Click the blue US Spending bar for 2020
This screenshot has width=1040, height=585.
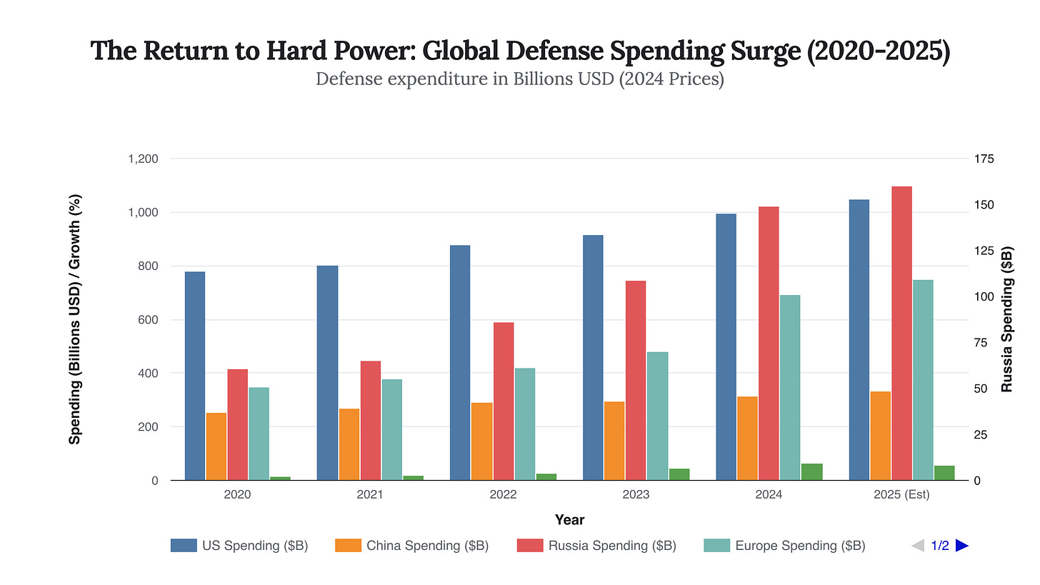pyautogui.click(x=195, y=376)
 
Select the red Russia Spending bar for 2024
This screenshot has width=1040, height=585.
pyautogui.click(x=769, y=343)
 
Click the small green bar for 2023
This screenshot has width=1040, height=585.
pyautogui.click(x=679, y=474)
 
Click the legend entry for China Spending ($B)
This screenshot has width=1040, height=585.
pyautogui.click(x=427, y=546)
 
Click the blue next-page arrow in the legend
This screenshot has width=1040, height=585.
pyautogui.click(x=961, y=546)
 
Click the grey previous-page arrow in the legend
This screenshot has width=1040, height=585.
pyautogui.click(x=918, y=546)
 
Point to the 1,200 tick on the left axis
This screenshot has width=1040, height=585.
pyautogui.click(x=143, y=159)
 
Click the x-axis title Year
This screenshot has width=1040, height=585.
pyautogui.click(x=570, y=520)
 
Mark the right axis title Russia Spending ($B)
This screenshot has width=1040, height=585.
pyautogui.click(x=1007, y=319)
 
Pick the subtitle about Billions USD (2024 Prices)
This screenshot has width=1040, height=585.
pyautogui.click(x=520, y=79)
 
